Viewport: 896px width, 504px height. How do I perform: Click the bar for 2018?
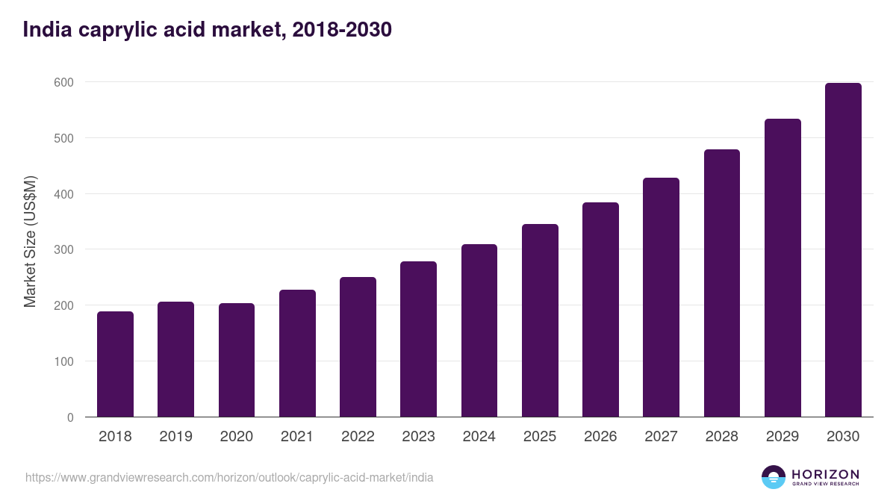pyautogui.click(x=115, y=364)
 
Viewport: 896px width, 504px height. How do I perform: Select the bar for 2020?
pyautogui.click(x=237, y=360)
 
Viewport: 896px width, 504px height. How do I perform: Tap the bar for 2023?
pyautogui.click(x=418, y=339)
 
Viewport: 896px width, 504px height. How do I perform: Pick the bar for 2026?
pyautogui.click(x=600, y=310)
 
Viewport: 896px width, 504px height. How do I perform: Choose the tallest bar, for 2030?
pyautogui.click(x=843, y=250)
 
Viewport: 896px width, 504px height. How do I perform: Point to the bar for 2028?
pyautogui.click(x=721, y=283)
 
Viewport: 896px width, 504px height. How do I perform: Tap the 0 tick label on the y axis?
pyautogui.click(x=70, y=417)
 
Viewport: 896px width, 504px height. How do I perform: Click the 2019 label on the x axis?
pyautogui.click(x=175, y=437)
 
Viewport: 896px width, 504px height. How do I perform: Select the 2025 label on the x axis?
pyautogui.click(x=540, y=437)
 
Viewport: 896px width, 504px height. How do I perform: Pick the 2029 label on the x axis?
pyautogui.click(x=783, y=437)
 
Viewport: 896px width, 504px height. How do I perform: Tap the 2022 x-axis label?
pyautogui.click(x=358, y=437)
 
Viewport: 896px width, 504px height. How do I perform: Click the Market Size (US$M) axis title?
pyautogui.click(x=30, y=242)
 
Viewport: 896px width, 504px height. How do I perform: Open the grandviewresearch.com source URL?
pyautogui.click(x=229, y=477)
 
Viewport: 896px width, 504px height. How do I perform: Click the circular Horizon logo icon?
pyautogui.click(x=774, y=477)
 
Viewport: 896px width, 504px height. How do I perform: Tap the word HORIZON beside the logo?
pyautogui.click(x=825, y=474)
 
